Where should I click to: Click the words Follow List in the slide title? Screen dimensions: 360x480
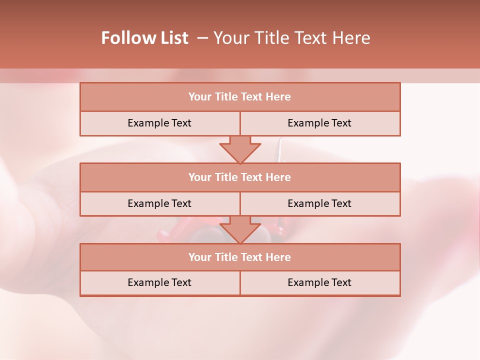coord(144,38)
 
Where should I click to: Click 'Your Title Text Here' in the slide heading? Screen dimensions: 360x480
coord(292,38)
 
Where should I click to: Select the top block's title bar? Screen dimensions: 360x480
coord(240,97)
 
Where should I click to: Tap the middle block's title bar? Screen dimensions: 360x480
coord(240,177)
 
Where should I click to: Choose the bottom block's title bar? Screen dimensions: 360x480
coord(240,257)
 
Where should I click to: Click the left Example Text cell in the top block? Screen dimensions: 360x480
coord(159,123)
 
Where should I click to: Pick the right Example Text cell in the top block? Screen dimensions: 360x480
coord(319,123)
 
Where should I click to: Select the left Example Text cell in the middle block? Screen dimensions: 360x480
coord(159,203)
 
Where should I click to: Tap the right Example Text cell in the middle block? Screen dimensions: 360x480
coord(319,203)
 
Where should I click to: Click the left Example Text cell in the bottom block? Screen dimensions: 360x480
coord(159,282)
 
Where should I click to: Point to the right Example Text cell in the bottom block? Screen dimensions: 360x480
coord(319,282)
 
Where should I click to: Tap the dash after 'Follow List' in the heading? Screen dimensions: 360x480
coord(202,38)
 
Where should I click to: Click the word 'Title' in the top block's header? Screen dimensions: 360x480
coord(226,97)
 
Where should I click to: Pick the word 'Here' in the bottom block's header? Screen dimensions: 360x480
coord(278,257)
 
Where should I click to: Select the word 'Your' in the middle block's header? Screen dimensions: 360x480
coord(200,177)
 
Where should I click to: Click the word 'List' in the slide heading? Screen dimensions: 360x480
coord(175,38)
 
